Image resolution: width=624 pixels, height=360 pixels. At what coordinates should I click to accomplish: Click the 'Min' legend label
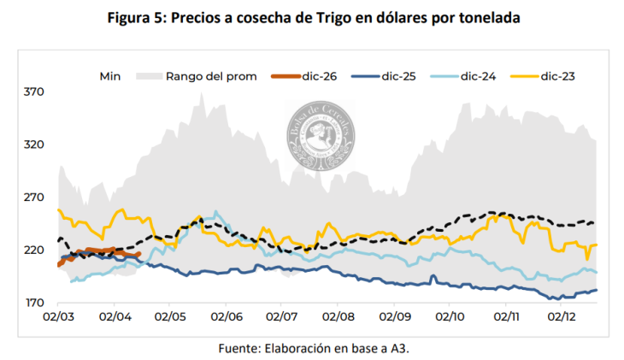[109, 76]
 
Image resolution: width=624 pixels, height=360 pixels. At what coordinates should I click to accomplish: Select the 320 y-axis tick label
[33, 145]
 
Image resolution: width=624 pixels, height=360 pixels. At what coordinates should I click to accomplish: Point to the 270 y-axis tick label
[33, 198]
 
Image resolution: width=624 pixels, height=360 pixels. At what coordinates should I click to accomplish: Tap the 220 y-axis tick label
[33, 251]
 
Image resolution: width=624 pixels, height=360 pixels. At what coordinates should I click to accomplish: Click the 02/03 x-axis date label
[57, 316]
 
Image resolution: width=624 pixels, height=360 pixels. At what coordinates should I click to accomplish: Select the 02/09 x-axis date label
[394, 316]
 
